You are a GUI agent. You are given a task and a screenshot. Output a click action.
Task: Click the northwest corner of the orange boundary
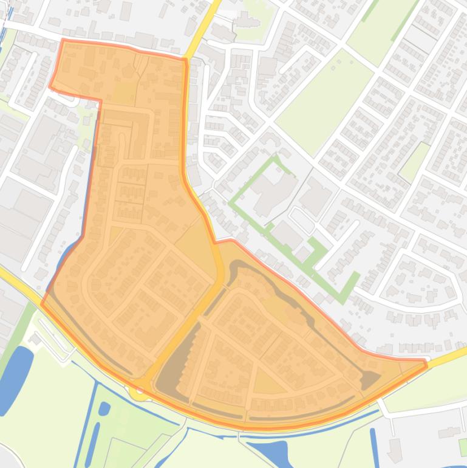63,41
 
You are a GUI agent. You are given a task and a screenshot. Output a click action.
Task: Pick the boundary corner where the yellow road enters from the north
185,60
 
